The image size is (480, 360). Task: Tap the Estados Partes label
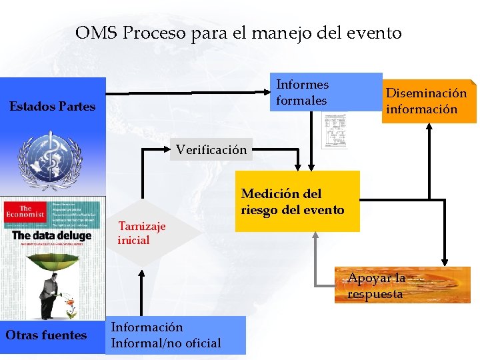pos(52,106)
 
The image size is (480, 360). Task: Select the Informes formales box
pos(327,92)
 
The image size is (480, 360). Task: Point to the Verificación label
pos(211,149)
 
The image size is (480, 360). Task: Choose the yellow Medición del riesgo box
pos(297,201)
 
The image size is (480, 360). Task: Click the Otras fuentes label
pos(46,335)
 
